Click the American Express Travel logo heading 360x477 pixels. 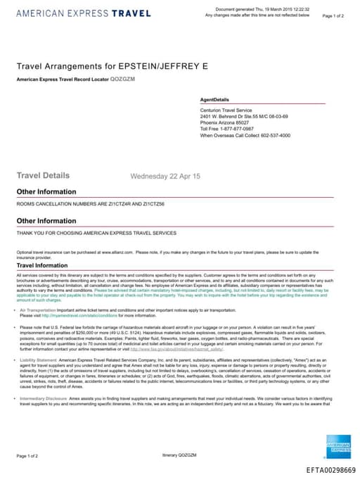pos(83,13)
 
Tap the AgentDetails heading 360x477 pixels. pos(214,100)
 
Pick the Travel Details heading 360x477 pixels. pos(43,175)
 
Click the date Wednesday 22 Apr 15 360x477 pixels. pos(165,176)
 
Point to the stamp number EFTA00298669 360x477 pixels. pos(331,469)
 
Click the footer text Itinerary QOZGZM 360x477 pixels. pos(179,456)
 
